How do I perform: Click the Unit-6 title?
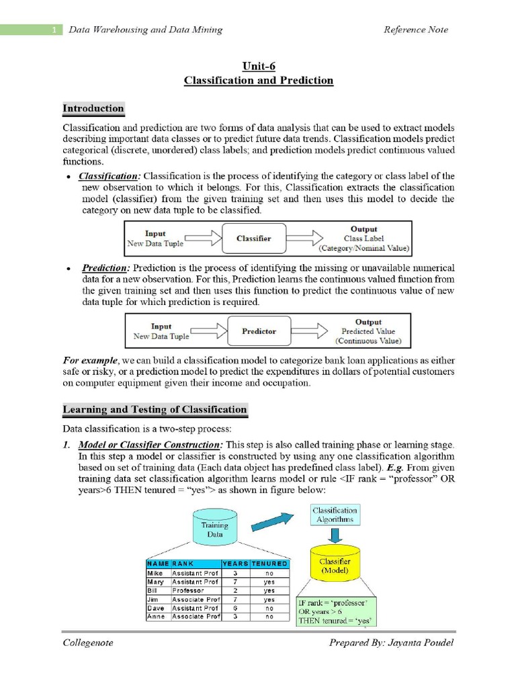coord(259,66)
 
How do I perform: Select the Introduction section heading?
coord(93,108)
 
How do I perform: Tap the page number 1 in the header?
coord(52,30)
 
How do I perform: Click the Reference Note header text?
coord(415,30)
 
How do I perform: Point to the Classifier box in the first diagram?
coord(254,239)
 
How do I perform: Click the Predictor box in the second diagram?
coord(259,331)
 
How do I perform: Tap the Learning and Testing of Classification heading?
coord(155,409)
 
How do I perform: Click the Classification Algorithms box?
coord(335,515)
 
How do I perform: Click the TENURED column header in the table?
coord(269,564)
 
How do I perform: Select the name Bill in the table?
coord(153,591)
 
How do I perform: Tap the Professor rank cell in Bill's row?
coord(187,591)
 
